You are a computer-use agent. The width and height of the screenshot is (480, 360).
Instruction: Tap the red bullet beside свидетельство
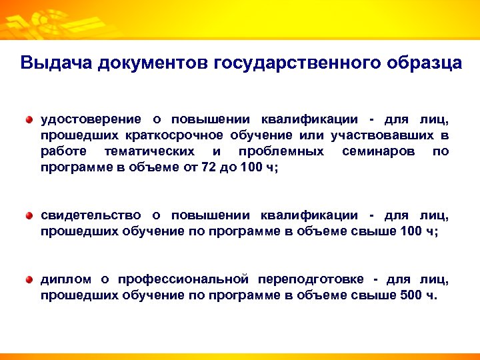(x=29, y=215)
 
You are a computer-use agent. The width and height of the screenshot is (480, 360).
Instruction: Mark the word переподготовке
(x=314, y=279)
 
